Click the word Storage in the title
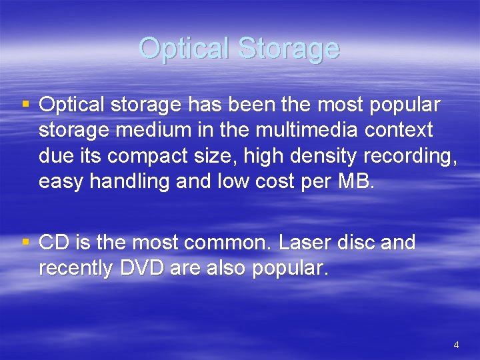289,48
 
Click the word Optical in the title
185,48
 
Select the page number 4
456,345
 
